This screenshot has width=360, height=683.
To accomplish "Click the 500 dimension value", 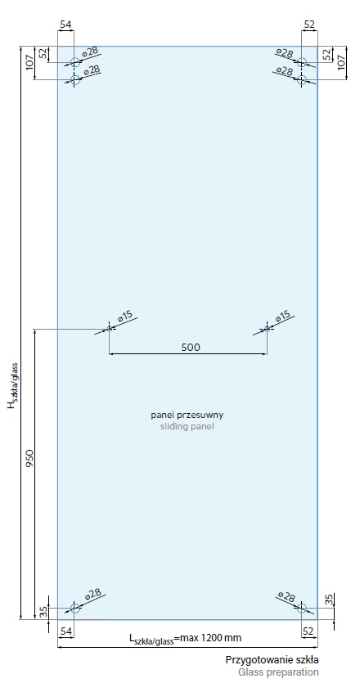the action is click(x=191, y=347).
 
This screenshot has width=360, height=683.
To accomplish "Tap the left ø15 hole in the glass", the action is click(x=110, y=329).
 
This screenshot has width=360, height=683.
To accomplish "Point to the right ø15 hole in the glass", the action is click(x=268, y=329).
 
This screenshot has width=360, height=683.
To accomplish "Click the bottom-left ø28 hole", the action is click(x=75, y=608).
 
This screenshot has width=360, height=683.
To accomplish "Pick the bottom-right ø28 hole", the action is click(x=302, y=608).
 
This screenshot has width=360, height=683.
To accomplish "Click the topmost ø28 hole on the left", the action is click(x=75, y=62).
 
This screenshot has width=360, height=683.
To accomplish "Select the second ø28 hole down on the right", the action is click(x=302, y=79).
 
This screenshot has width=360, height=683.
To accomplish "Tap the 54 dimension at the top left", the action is click(x=65, y=25).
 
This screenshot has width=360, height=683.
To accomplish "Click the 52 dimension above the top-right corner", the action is click(x=309, y=25).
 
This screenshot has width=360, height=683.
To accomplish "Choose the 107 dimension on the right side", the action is click(x=341, y=63).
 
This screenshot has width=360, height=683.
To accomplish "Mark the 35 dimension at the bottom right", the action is click(x=329, y=600).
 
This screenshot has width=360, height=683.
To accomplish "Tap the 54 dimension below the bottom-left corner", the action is click(x=65, y=631).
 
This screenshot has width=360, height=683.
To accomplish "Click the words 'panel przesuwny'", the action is click(x=187, y=415).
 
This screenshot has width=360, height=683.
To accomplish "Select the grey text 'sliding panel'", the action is click(x=187, y=426).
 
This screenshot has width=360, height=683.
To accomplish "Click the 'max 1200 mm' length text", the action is click(x=210, y=638).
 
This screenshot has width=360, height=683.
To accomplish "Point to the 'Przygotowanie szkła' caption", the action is click(x=272, y=659).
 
